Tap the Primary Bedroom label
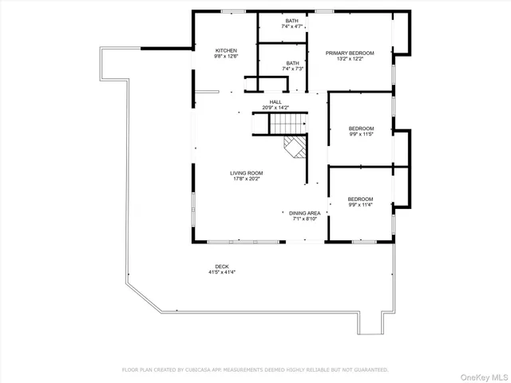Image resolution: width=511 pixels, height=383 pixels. pos(344,53)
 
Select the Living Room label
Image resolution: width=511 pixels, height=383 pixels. pos(246,172)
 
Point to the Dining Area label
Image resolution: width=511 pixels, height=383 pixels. pos(304,213)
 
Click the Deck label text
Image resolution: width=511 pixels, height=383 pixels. pos(221,267)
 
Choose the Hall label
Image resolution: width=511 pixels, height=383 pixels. pos(275,102)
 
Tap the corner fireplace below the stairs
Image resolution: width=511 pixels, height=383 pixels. pos(295,148)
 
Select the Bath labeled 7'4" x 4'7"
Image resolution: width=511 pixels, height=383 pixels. pos(293,24)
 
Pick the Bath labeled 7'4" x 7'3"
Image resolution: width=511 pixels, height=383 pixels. pos(293,65)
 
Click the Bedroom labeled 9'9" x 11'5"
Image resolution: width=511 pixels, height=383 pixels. pos(361,131)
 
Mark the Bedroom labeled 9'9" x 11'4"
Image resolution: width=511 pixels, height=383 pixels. pos(360,201)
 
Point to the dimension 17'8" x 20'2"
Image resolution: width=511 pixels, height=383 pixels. pos(246,179)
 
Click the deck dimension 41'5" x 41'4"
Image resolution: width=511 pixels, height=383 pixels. pos(221,272)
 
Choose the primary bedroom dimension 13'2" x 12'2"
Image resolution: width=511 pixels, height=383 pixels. pos(344,59)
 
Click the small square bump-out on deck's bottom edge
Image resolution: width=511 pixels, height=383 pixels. pos(370,323)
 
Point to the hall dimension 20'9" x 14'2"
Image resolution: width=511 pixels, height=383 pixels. pos(275,108)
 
